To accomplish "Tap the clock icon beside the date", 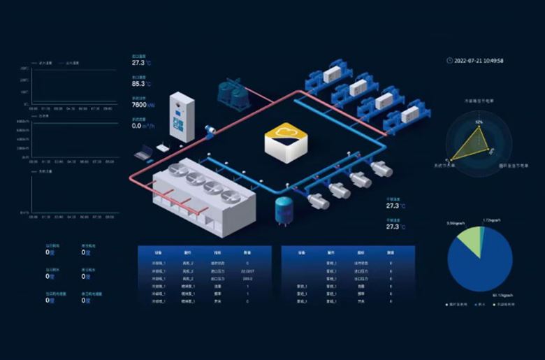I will point(449,61).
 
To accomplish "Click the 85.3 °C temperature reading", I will point(143,84).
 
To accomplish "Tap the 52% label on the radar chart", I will point(479,122).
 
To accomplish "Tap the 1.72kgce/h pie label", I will point(492,221).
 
